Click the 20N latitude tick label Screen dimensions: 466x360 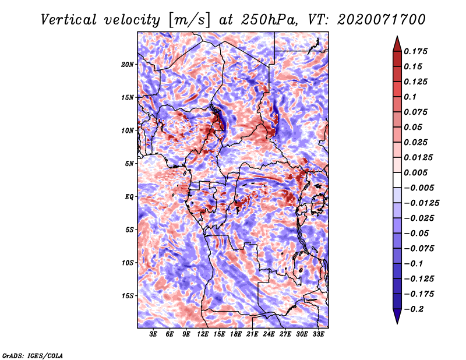point(127,64)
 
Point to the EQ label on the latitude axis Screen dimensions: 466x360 point(129,196)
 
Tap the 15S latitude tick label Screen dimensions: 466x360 point(128,296)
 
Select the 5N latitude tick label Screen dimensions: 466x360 point(129,164)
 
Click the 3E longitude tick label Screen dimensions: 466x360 point(153,334)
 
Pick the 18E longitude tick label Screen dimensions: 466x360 point(236,334)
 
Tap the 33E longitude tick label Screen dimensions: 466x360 point(318,334)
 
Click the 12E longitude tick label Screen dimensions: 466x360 point(203,334)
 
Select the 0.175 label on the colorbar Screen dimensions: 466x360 point(415,51)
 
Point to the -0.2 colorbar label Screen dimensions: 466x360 point(414,309)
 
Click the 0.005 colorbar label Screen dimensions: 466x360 point(415,172)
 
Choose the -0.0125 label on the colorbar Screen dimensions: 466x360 point(421,203)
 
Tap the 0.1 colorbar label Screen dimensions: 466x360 point(410,97)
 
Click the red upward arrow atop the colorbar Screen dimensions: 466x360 point(397,44)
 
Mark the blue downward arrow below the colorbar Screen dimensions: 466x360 point(397,316)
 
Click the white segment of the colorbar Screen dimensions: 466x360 point(397,180)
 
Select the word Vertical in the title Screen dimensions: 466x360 point(69,20)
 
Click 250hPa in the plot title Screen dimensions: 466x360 point(269,20)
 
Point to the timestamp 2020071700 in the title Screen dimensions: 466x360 point(382,20)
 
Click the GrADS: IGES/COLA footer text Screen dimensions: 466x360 point(33,356)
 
